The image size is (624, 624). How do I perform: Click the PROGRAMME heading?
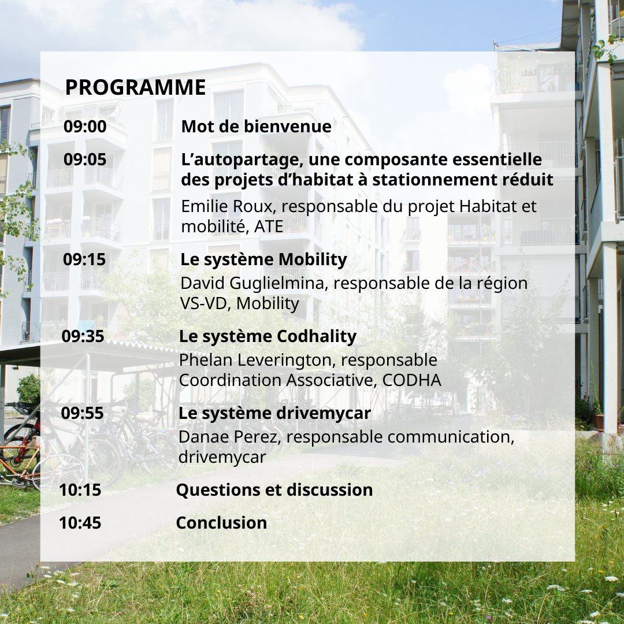(135, 87)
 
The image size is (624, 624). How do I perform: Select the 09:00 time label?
(85, 127)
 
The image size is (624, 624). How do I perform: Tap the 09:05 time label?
(85, 159)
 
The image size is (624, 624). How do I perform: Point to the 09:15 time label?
(84, 259)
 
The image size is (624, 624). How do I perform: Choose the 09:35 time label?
(83, 336)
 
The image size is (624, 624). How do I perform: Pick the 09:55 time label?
(83, 413)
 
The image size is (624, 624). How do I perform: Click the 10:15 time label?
(80, 490)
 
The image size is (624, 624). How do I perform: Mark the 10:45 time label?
(80, 523)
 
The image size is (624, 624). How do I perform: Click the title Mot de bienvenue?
(256, 127)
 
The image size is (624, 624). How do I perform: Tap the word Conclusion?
(221, 523)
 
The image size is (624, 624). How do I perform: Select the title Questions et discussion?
(274, 490)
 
